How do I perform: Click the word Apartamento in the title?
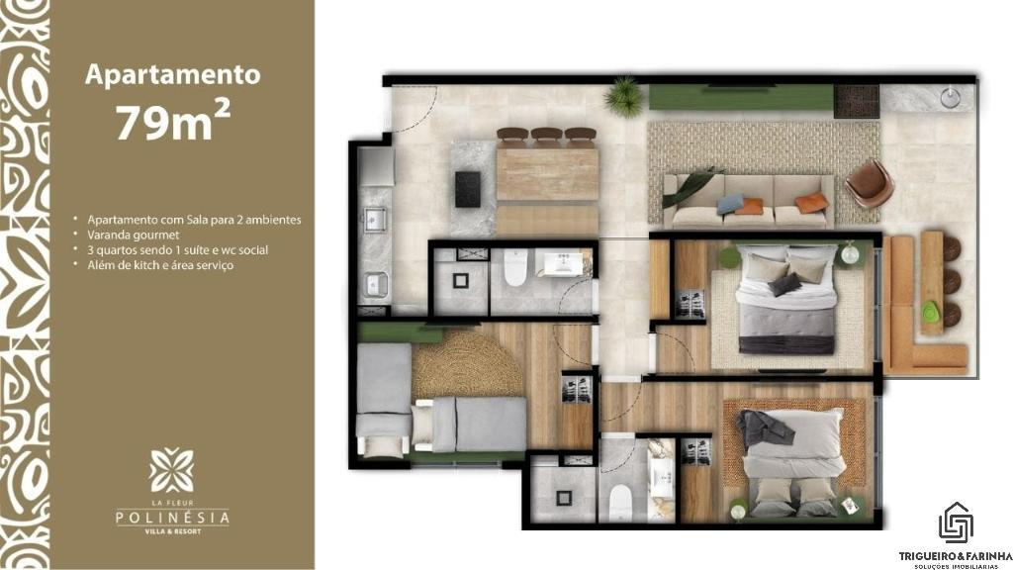[172, 74]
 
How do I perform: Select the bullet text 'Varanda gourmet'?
[134, 235]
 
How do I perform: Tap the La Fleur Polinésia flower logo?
[171, 470]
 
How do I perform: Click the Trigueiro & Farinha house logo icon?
[956, 522]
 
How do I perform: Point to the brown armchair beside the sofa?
[869, 183]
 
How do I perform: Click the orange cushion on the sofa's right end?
[811, 203]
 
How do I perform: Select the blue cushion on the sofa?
[730, 204]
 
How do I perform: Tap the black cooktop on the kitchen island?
[467, 189]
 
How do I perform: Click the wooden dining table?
[547, 174]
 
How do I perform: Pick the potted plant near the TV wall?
[624, 96]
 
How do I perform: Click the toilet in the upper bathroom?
[515, 267]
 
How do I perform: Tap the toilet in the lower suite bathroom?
[620, 503]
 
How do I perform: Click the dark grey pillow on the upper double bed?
[784, 284]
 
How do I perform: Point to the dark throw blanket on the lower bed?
[763, 427]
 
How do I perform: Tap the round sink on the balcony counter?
[950, 98]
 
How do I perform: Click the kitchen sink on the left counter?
[375, 219]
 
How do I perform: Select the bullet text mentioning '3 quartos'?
[178, 250]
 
